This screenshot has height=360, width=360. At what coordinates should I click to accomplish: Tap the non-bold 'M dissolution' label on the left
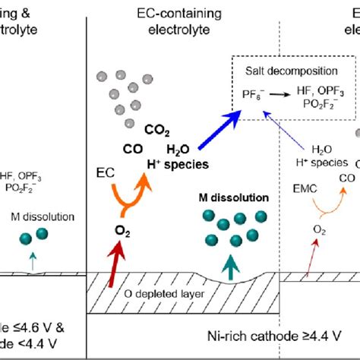(43, 216)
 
